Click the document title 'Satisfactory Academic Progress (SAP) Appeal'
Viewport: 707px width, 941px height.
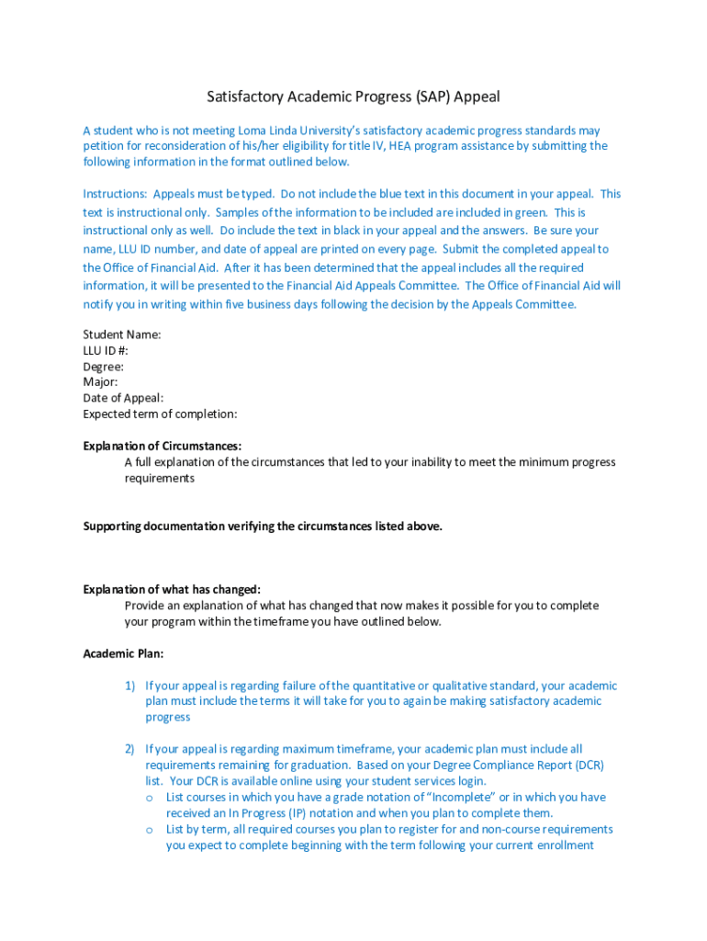pyautogui.click(x=353, y=96)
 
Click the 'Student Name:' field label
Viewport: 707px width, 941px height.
pyautogui.click(x=122, y=334)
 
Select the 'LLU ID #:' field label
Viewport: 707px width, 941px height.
pyautogui.click(x=106, y=350)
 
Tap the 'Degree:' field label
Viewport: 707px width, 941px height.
pyautogui.click(x=104, y=366)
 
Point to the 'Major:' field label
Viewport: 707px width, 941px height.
pyautogui.click(x=100, y=381)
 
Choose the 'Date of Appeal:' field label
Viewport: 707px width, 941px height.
pyautogui.click(x=123, y=398)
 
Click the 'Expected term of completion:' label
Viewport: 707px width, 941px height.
pyautogui.click(x=160, y=414)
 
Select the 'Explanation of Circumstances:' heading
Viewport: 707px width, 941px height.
pyautogui.click(x=163, y=446)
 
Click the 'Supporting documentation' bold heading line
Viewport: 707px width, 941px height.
pyautogui.click(x=263, y=526)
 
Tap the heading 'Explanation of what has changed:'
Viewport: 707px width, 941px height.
pyautogui.click(x=172, y=589)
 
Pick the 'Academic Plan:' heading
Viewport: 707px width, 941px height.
pyautogui.click(x=123, y=653)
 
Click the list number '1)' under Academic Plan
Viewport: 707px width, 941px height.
pyautogui.click(x=130, y=686)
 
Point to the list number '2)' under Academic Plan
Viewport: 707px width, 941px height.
pyautogui.click(x=130, y=749)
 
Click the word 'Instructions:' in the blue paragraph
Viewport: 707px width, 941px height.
pyautogui.click(x=115, y=194)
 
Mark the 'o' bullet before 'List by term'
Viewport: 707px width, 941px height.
pyautogui.click(x=149, y=829)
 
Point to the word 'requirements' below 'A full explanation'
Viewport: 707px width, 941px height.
pyautogui.click(x=160, y=478)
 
